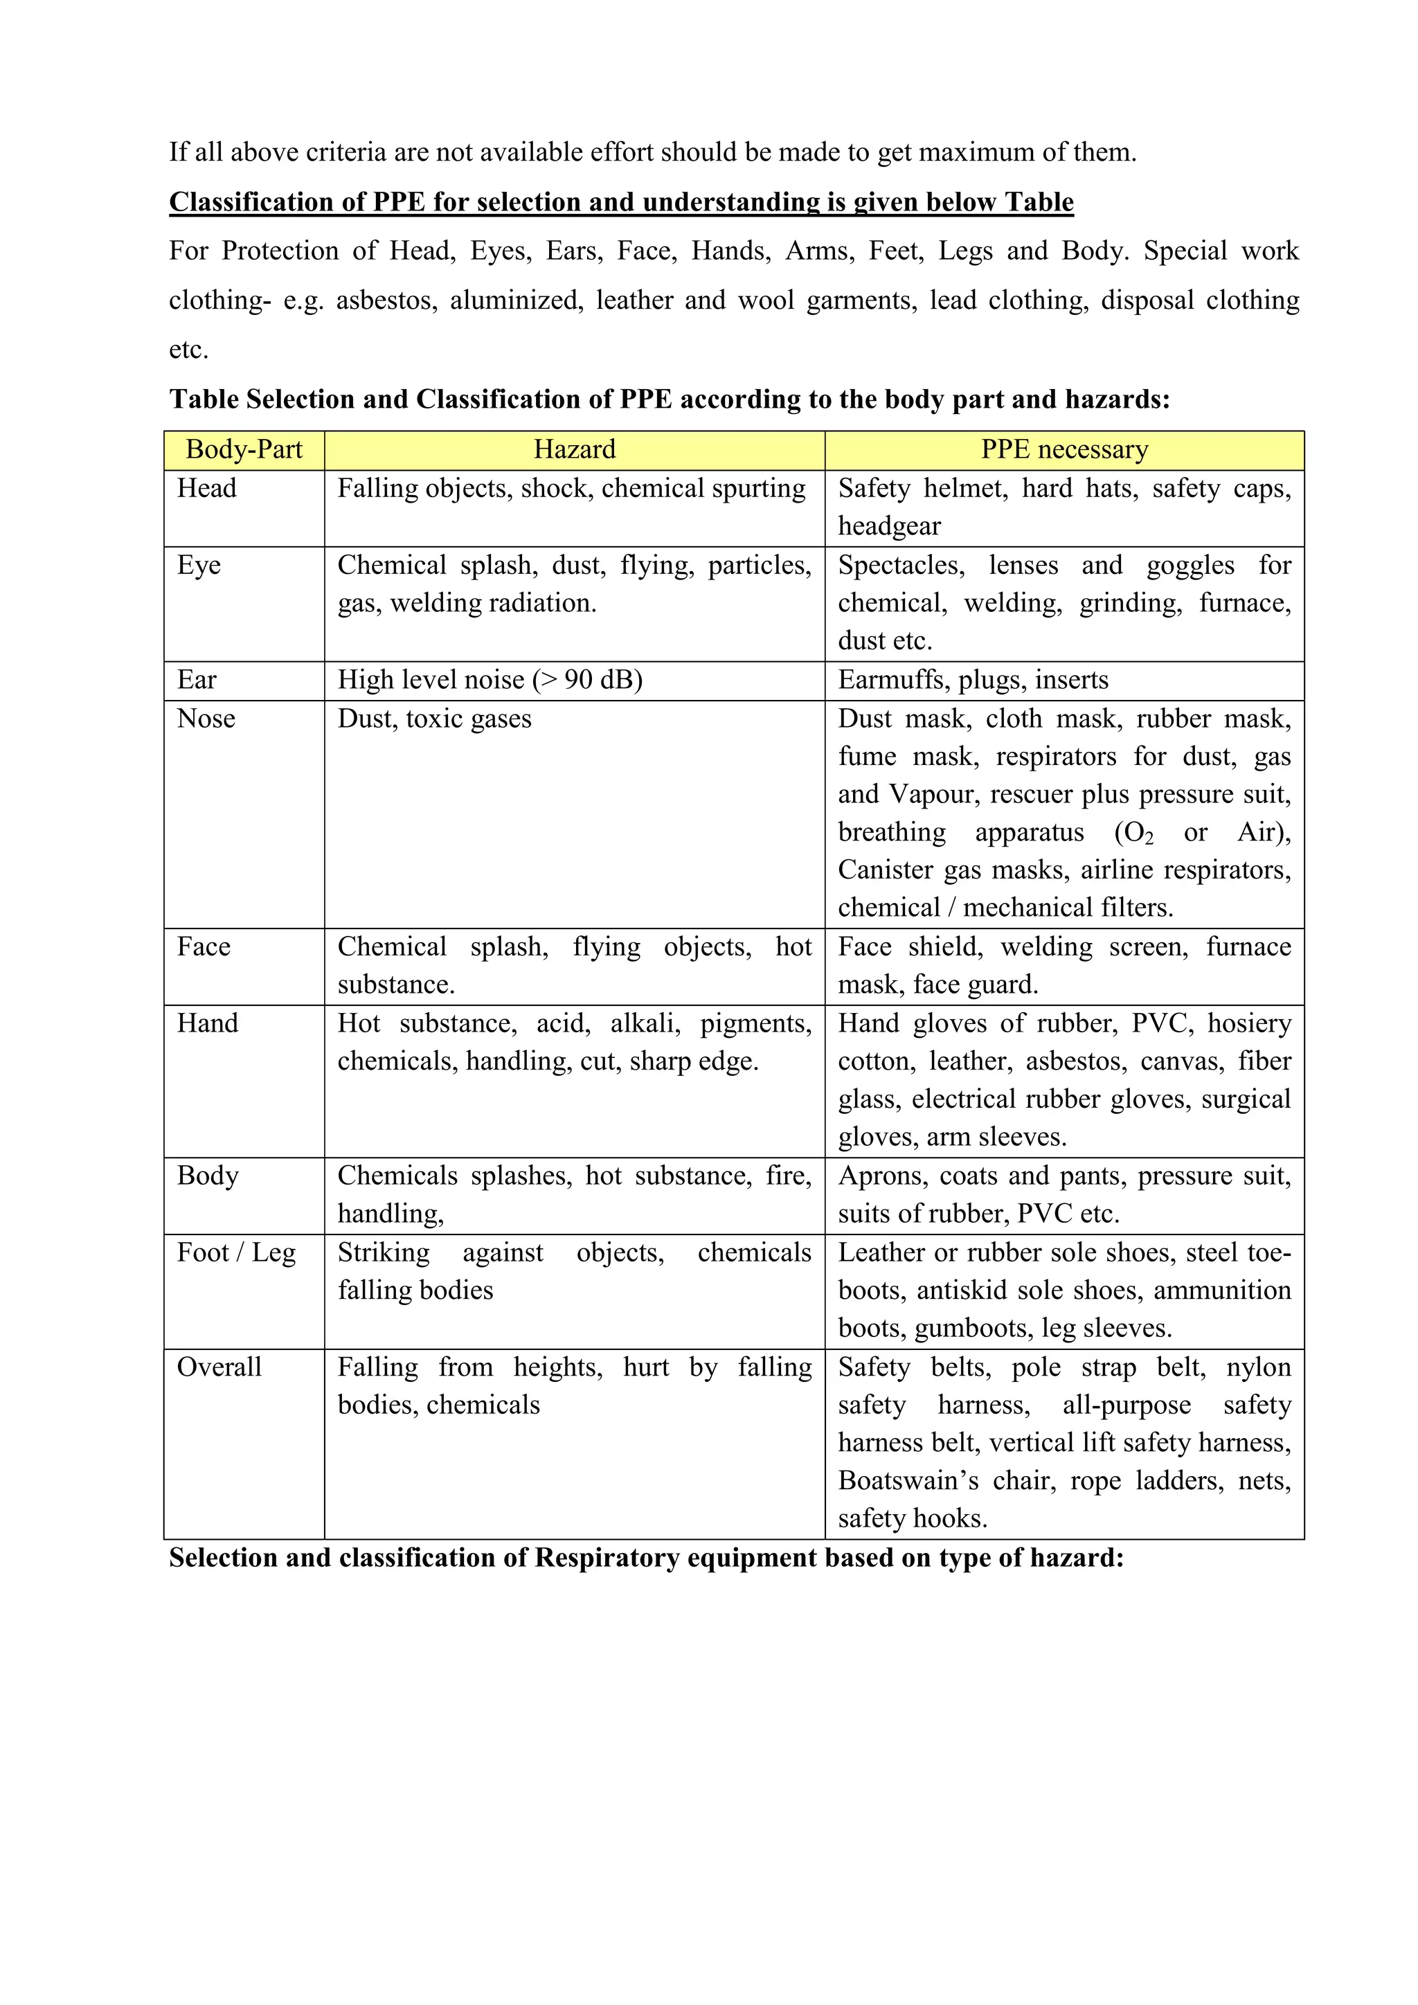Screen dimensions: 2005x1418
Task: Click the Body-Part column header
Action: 244,450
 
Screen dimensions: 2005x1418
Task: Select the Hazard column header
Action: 575,450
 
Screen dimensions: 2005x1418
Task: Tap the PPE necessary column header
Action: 1063,450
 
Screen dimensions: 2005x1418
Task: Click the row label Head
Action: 206,488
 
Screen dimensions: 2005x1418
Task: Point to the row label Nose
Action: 206,719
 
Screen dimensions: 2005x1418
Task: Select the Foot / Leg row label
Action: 235,1252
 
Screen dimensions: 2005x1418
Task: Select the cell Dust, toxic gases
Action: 434,719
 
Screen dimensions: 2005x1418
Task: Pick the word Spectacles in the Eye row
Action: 901,565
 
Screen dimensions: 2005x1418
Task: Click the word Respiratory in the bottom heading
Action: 607,1558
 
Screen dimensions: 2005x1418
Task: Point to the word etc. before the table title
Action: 188,350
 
